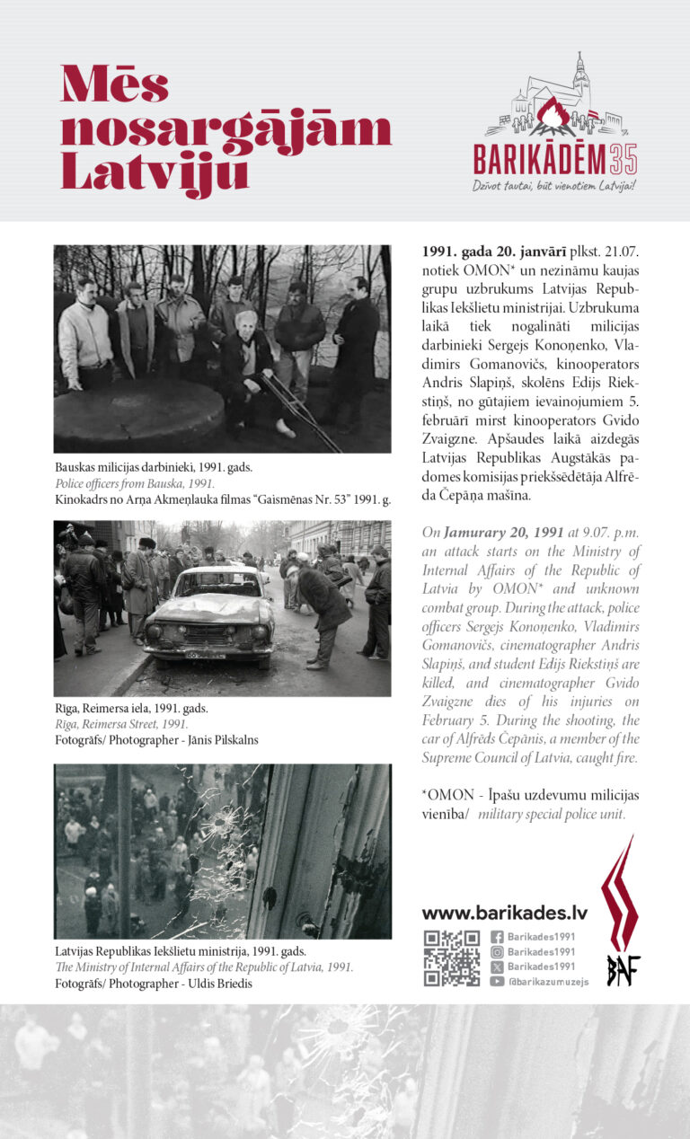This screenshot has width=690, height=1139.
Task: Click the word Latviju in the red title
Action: coord(154,171)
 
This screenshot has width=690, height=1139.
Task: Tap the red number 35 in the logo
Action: coord(623,159)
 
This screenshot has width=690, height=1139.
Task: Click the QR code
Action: coord(452,958)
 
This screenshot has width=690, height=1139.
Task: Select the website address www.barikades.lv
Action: coord(504,913)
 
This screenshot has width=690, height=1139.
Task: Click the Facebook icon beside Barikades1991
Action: coord(497,936)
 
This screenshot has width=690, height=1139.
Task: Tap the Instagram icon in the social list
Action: coord(497,951)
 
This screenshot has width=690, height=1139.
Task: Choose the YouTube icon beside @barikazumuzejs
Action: coord(497,982)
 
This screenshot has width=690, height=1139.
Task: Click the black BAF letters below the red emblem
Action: coord(623,969)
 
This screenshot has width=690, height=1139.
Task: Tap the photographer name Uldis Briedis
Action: coord(224,983)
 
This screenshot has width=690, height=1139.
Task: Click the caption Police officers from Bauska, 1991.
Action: coord(135,483)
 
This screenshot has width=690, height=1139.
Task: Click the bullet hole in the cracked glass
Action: coord(220,819)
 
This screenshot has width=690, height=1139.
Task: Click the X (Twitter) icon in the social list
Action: coord(497,967)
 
